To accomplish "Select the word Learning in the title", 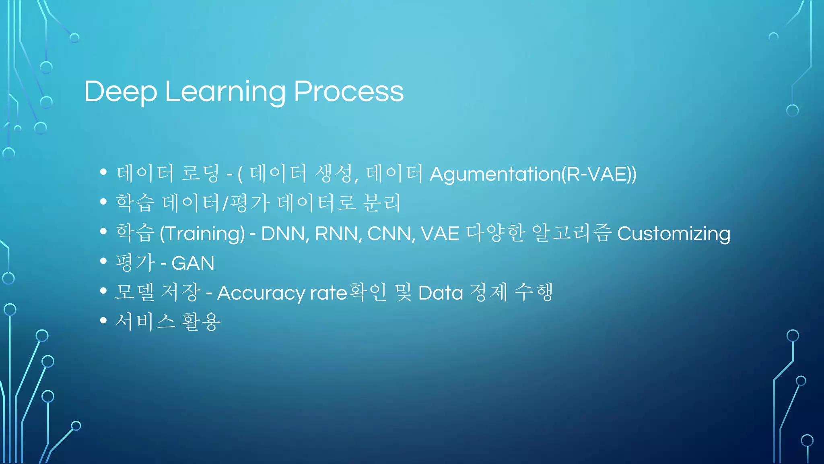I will [225, 92].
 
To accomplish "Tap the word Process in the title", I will [348, 92].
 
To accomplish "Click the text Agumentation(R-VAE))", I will [533, 174].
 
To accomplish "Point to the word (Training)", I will [202, 234].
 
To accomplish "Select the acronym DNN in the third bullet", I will [283, 234].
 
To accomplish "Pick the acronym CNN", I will [389, 234].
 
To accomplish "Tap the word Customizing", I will [674, 234].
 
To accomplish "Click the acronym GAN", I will [193, 263].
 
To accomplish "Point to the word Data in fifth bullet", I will [441, 293].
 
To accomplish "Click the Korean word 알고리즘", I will [571, 233].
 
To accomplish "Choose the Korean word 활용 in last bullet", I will [201, 322].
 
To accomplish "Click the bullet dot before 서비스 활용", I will [103, 321].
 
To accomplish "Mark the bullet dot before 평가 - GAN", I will [103, 261].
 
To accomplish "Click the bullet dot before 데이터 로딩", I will [103, 172].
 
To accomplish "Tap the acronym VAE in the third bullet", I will [440, 234].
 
